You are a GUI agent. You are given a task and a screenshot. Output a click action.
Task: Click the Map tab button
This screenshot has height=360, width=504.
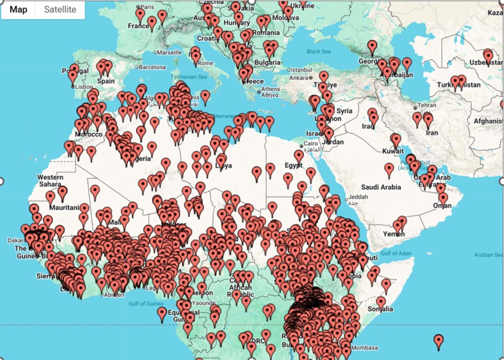click(18, 9)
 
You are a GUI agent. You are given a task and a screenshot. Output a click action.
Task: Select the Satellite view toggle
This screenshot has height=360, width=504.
click(60, 9)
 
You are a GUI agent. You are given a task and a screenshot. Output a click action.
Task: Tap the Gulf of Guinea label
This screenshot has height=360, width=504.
click(146, 303)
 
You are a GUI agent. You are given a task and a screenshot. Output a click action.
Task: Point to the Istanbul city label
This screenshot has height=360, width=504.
click(301, 70)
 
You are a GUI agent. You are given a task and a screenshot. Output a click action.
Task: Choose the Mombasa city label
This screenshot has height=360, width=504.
click(364, 347)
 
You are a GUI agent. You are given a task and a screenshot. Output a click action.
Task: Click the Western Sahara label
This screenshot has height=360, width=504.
click(50, 182)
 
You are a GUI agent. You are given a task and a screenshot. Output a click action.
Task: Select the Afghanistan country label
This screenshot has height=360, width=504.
click(486, 121)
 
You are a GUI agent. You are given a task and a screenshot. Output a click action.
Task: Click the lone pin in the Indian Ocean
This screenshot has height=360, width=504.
click(439, 341)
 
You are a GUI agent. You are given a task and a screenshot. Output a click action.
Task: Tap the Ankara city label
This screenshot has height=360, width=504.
click(299, 79)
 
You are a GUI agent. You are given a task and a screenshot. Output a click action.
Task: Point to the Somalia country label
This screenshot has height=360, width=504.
click(381, 309)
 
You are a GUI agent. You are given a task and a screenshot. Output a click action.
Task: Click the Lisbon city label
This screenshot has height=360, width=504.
click(84, 87)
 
